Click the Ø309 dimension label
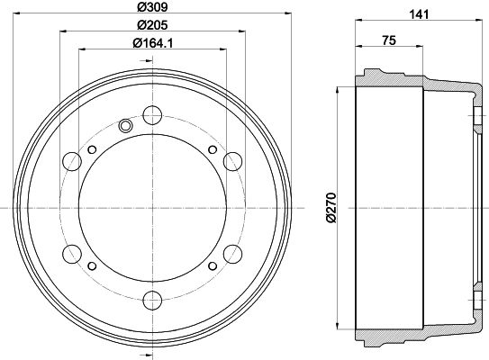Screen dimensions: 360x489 (x=152, y=7)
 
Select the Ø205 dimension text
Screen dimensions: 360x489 (x=152, y=26)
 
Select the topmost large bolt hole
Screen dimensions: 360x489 (x=152, y=114)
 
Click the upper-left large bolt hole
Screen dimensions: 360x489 (x=72, y=161)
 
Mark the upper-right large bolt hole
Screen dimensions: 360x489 (x=232, y=161)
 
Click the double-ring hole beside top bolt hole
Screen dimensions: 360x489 (x=125, y=125)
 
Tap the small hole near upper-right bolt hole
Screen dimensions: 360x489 (x=212, y=148)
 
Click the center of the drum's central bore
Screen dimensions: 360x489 (x=152, y=206)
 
